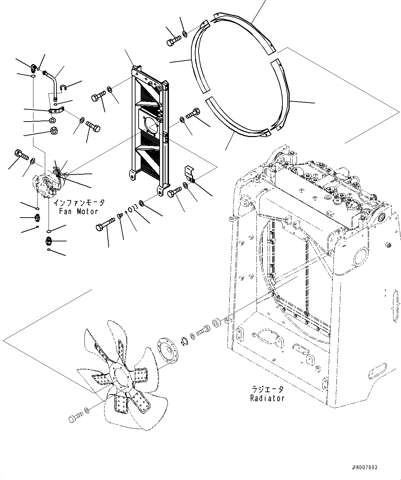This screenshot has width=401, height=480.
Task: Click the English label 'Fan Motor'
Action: pyautogui.click(x=78, y=211)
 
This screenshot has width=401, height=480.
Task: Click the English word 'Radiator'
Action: pyautogui.click(x=267, y=398)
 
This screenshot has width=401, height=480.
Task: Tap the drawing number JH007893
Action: pyautogui.click(x=364, y=467)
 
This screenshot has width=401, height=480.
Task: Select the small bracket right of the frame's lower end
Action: pyautogui.click(x=189, y=174)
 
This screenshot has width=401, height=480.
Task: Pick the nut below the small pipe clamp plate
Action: pyautogui.click(x=54, y=131)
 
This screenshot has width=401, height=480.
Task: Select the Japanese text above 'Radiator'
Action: pyautogui.click(x=267, y=389)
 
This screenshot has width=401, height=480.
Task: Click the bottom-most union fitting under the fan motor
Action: pyautogui.click(x=49, y=241)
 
